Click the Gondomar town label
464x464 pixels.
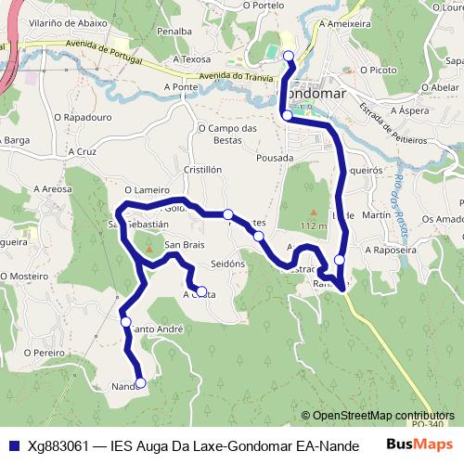click(x=313, y=95)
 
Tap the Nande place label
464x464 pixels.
click(x=123, y=386)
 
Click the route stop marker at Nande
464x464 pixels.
click(x=140, y=382)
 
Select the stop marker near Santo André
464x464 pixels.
click(x=126, y=322)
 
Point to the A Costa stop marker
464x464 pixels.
click(x=201, y=290)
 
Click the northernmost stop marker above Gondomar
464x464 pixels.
click(x=288, y=57)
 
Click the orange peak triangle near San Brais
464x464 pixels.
click(x=148, y=249)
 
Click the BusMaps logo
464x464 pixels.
click(x=419, y=445)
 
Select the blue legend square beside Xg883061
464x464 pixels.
click(x=13, y=445)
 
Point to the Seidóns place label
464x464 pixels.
click(x=227, y=264)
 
